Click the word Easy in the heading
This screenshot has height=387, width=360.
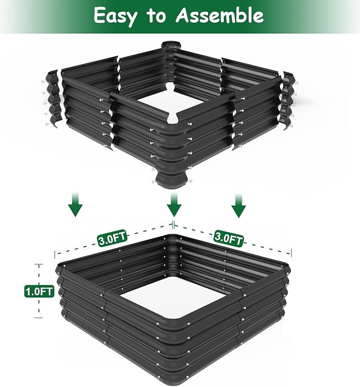tap(117, 15)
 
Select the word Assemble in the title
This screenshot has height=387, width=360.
tap(219, 16)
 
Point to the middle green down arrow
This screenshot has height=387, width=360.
tap(173, 204)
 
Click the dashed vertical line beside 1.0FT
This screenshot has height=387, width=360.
tap(39, 307)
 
